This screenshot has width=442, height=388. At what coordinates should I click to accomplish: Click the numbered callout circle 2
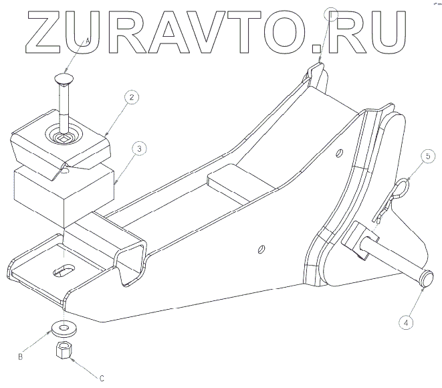point(132,98)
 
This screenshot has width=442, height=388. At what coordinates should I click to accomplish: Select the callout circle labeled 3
point(137,149)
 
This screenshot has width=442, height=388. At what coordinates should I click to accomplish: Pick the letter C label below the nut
point(102,378)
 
